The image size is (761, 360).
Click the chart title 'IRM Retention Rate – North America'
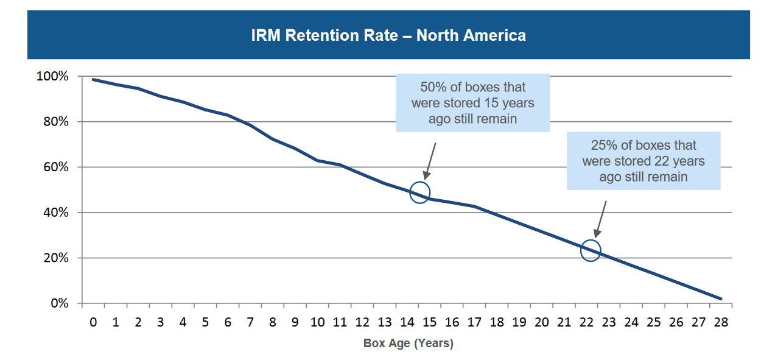tap(388, 35)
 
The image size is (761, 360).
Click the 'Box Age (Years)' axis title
tap(408, 344)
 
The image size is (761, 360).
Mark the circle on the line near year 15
tap(419, 192)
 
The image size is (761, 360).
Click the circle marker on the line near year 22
tap(590, 250)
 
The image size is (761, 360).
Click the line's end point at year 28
tap(721, 298)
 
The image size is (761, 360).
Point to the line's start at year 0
tap(93, 80)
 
